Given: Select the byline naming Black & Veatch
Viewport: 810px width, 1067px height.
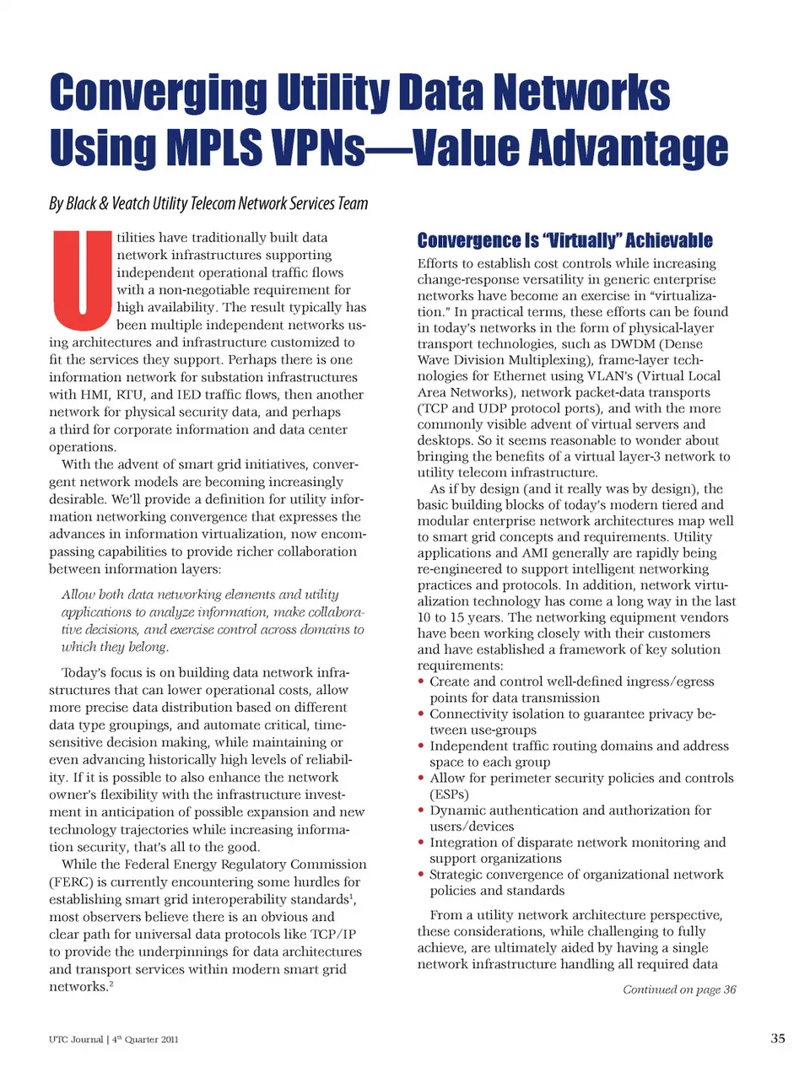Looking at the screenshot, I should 208,203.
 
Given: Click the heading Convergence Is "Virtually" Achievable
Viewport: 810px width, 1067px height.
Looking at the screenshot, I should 564,241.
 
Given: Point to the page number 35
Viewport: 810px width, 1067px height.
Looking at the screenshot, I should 778,1038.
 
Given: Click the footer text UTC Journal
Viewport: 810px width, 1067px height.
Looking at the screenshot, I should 76,1039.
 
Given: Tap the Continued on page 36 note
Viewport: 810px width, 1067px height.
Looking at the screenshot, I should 679,989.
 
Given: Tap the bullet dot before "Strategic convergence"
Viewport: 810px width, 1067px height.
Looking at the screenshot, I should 422,875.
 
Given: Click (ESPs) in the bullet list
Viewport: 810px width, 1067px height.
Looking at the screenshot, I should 449,795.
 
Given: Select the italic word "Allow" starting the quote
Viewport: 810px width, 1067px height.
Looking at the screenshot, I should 78,595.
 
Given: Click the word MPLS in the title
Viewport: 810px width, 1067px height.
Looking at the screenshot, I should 213,149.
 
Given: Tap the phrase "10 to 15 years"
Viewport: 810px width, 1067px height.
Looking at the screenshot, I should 459,617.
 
